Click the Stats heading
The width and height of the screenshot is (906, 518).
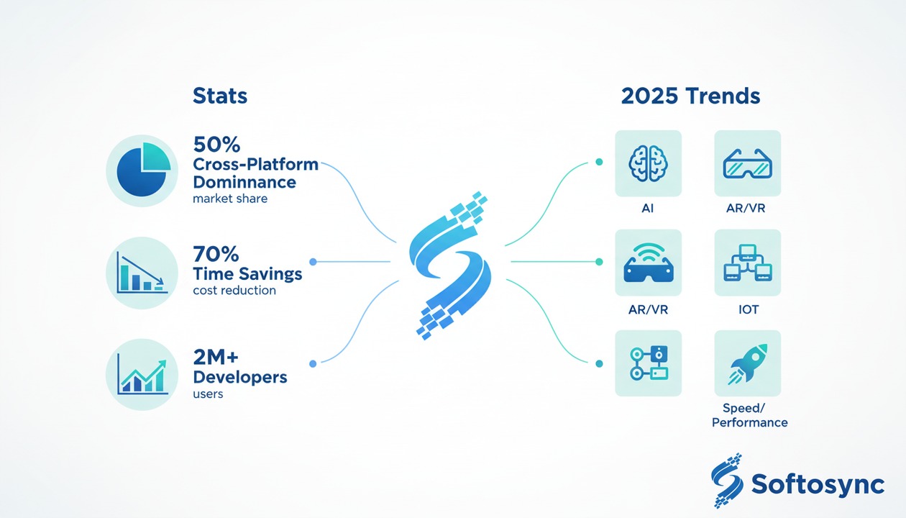click(220, 96)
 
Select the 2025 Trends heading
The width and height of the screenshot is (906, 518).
click(690, 96)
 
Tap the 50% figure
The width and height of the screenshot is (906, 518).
click(216, 145)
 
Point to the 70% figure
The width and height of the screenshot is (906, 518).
click(216, 254)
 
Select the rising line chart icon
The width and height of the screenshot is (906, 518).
click(142, 374)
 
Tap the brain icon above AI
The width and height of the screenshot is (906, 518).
click(648, 163)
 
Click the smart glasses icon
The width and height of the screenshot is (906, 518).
click(747, 163)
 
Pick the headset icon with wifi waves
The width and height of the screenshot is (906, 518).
click(648, 263)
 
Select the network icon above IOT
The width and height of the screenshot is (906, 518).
click(747, 263)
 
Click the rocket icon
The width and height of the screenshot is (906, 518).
click(747, 363)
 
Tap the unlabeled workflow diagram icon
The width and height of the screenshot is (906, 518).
click(648, 363)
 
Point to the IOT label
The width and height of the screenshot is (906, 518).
click(748, 310)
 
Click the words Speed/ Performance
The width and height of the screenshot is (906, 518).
click(749, 415)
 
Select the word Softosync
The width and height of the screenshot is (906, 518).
click(818, 484)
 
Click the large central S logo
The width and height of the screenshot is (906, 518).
click(450, 263)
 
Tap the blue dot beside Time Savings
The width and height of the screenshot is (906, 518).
click(312, 262)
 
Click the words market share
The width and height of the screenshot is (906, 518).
click(230, 198)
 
